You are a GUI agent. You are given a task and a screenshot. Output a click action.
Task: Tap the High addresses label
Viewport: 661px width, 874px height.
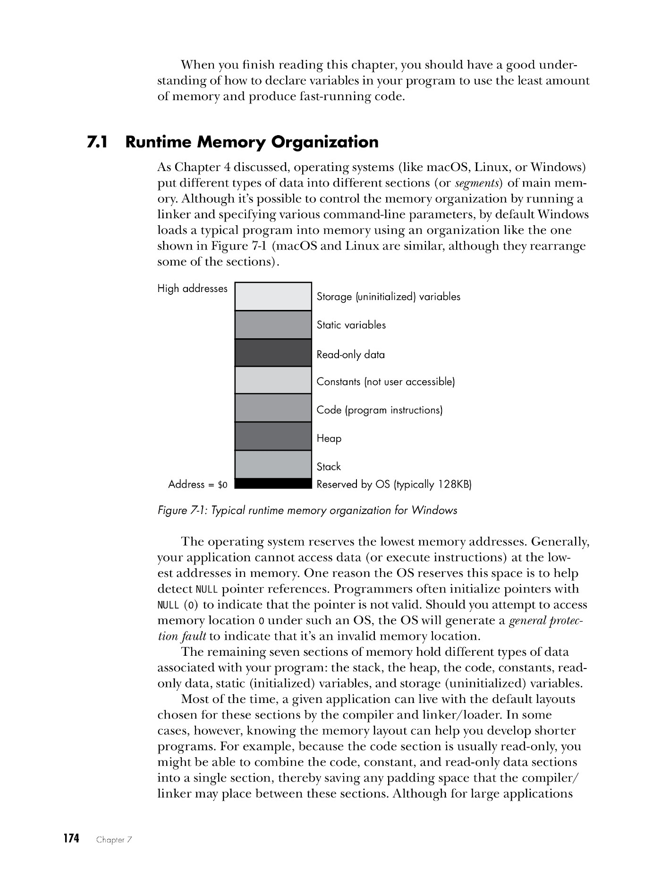tap(192, 289)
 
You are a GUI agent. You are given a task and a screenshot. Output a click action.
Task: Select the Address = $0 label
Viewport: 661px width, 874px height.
tap(198, 485)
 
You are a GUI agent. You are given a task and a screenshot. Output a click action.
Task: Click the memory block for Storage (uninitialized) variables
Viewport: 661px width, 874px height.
tap(273, 297)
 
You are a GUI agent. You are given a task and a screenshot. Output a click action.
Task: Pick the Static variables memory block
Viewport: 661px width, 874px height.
tap(273, 325)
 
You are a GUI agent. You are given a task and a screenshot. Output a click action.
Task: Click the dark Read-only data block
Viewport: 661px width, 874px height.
tap(273, 353)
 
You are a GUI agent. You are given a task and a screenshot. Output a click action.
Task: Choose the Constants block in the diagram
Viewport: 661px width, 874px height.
tap(273, 380)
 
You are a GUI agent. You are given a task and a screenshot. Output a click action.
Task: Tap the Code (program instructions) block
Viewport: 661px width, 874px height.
tap(273, 408)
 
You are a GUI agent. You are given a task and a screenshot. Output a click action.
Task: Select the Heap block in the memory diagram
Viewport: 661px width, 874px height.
tap(273, 436)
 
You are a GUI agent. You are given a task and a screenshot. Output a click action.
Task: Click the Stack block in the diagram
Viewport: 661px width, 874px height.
tap(273, 464)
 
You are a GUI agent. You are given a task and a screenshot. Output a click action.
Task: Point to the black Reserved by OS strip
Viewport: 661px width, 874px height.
tap(273, 483)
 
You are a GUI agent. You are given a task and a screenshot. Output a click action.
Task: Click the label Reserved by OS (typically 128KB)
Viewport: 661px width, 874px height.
tap(394, 485)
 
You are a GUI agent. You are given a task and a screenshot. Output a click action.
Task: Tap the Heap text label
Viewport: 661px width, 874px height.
tap(329, 438)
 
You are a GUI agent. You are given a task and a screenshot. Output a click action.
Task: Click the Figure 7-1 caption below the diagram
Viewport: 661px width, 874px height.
tap(307, 511)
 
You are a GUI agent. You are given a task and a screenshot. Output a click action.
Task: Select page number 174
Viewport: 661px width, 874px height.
tap(71, 839)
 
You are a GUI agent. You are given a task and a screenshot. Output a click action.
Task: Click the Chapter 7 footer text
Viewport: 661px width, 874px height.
tap(114, 840)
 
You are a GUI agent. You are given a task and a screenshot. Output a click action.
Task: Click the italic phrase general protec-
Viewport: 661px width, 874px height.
tap(546, 621)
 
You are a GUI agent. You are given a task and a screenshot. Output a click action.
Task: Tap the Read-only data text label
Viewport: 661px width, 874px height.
tap(351, 355)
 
